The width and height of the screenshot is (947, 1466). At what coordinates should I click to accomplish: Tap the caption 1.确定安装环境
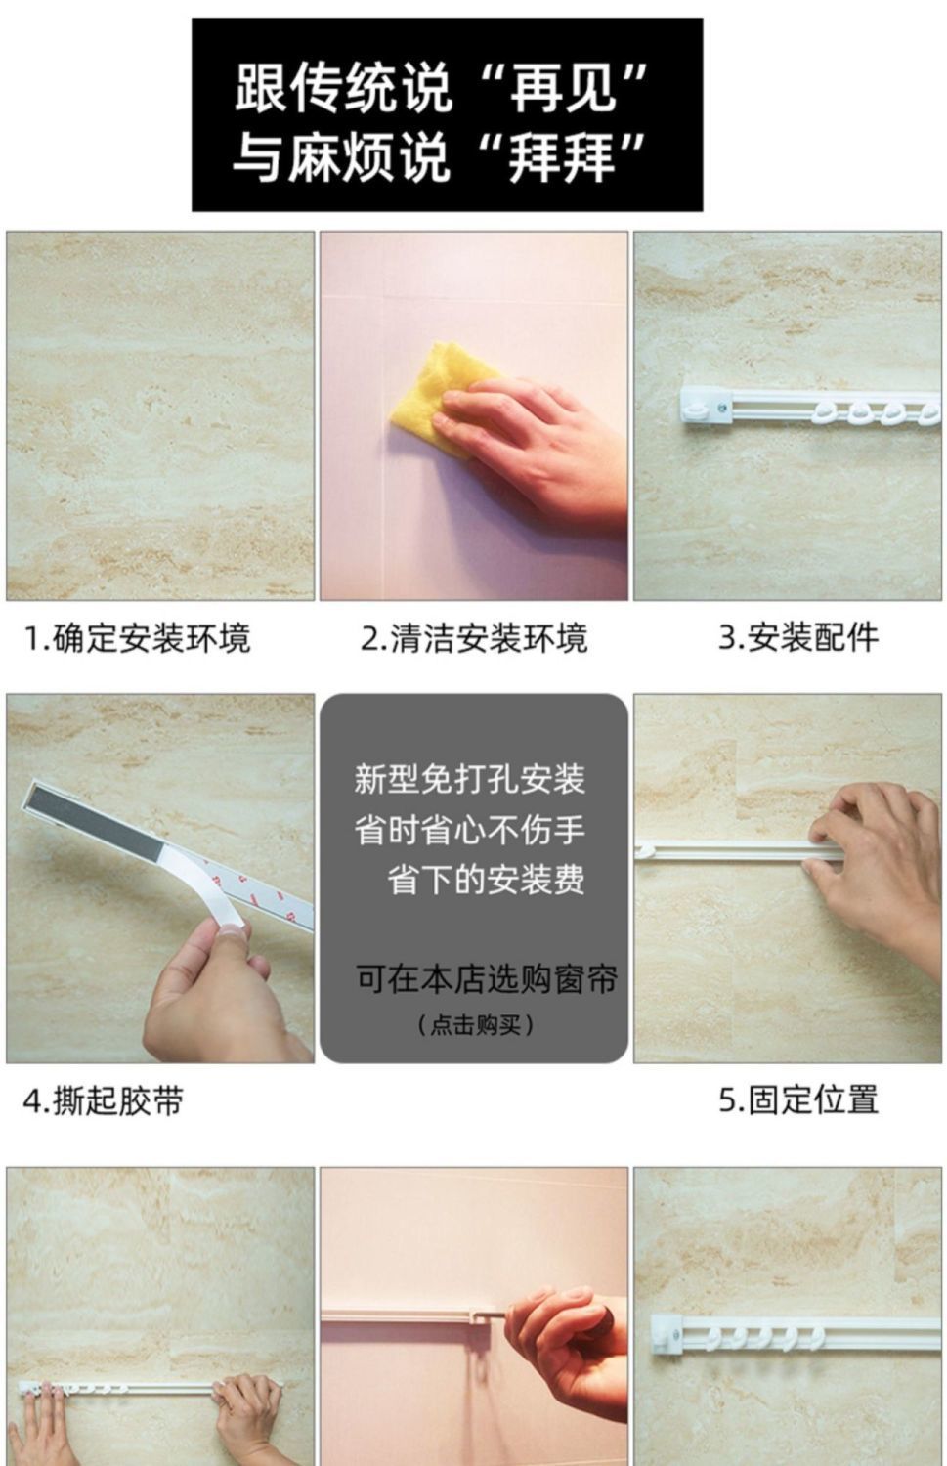click(137, 639)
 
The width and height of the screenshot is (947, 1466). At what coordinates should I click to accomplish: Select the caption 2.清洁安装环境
click(474, 639)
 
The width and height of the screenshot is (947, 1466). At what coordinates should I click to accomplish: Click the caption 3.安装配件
click(797, 637)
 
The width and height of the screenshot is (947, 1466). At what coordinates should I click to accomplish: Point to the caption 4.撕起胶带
click(103, 1100)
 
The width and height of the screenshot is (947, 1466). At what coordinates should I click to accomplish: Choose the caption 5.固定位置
click(798, 1099)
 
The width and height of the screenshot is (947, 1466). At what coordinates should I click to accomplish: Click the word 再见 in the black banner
click(563, 87)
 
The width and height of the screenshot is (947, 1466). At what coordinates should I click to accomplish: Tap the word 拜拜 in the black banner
click(562, 157)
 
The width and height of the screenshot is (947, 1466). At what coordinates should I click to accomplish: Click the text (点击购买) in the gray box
click(475, 1024)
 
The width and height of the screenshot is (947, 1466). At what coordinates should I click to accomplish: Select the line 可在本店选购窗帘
click(487, 979)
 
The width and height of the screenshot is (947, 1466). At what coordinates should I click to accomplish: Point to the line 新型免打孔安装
click(469, 780)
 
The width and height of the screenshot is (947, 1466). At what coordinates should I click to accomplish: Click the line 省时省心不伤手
click(469, 830)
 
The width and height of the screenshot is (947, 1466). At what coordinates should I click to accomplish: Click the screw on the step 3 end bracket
click(721, 410)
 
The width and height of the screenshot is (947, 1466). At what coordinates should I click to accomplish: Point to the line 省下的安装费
click(486, 880)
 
